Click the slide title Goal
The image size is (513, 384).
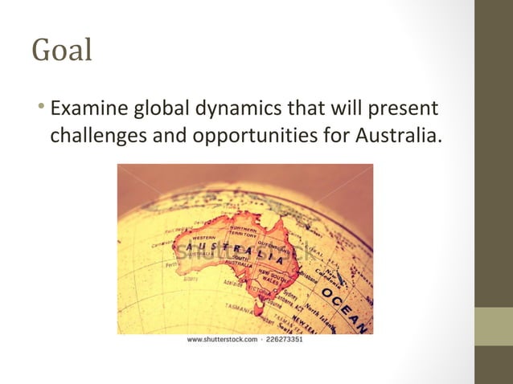pyautogui.click(x=62, y=50)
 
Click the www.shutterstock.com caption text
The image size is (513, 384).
pyautogui.click(x=222, y=340)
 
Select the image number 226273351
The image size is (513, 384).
pyautogui.click(x=285, y=340)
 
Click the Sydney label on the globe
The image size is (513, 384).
pyautogui.click(x=290, y=295)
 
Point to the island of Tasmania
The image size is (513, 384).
pyautogui.click(x=259, y=308)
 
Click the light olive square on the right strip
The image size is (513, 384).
pyautogui.click(x=494, y=326)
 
